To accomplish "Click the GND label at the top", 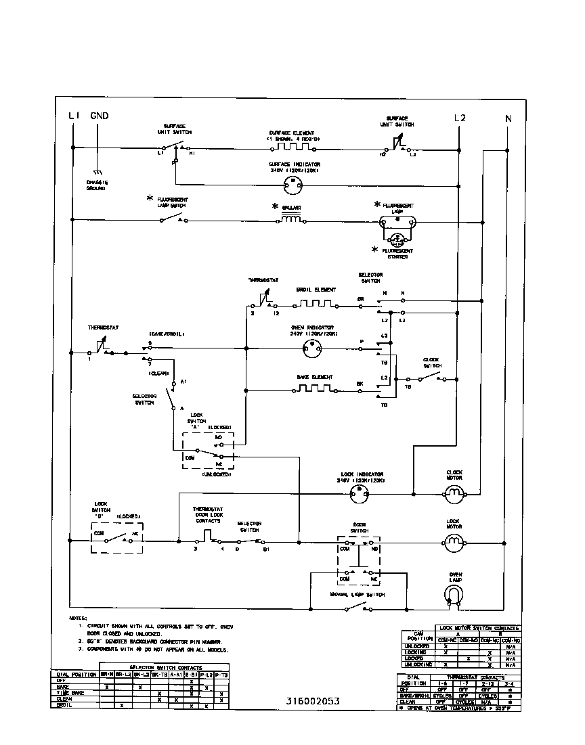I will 99,116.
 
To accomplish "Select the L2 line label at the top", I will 460,117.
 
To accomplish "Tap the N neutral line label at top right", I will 508,118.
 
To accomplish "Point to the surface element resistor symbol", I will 293,146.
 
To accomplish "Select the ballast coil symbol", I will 292,219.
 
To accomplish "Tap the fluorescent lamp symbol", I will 397,220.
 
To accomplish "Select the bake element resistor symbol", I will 312,390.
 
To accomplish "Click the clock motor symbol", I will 454,494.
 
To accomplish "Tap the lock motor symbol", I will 454,541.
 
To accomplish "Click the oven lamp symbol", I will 454,593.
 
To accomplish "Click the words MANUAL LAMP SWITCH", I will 357,595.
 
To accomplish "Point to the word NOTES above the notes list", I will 78,618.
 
